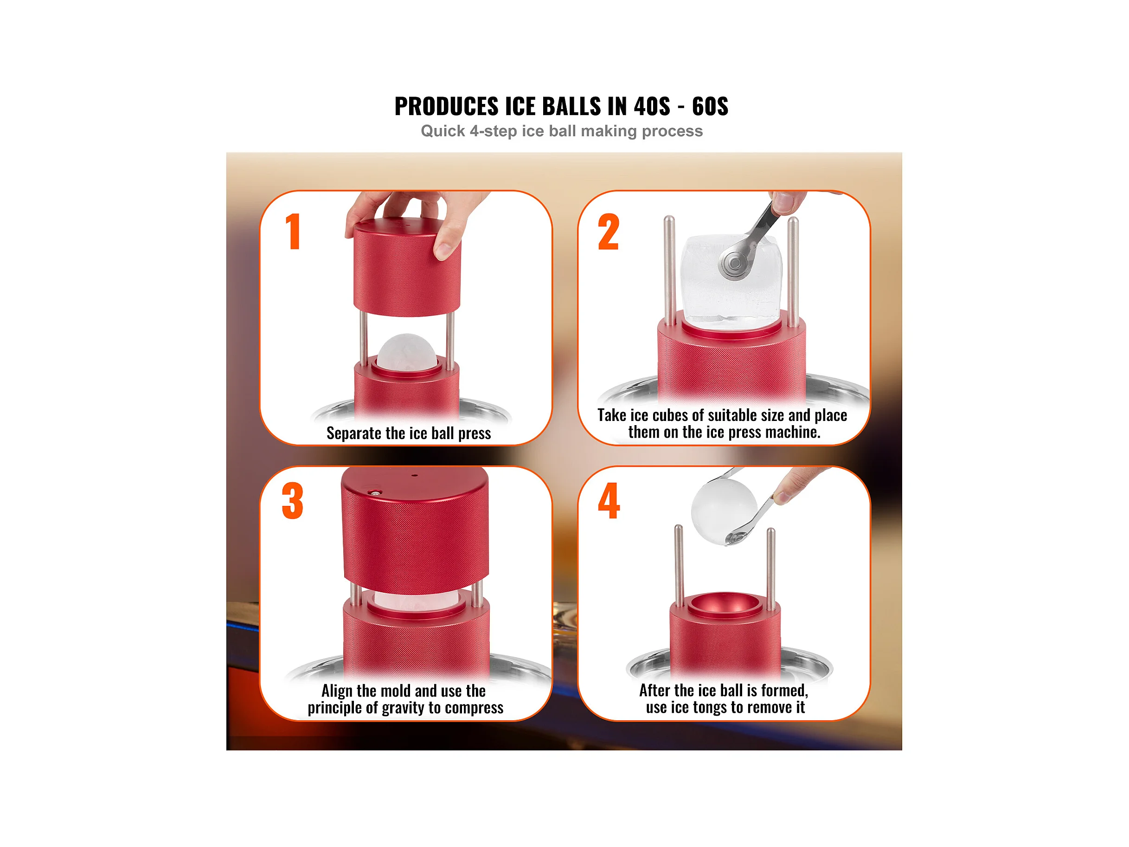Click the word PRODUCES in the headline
coord(447,106)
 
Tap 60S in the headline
coord(710,106)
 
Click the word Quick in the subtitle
coord(443,131)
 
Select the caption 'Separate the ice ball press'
coord(409,433)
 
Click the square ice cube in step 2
coord(731,279)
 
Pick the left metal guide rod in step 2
coord(670,271)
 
